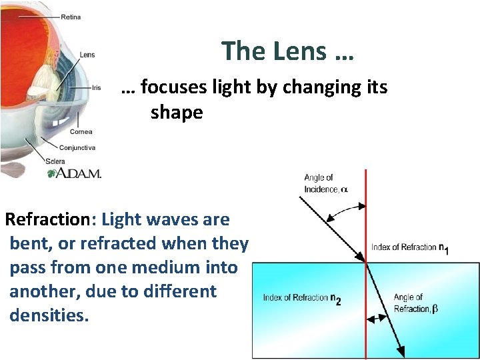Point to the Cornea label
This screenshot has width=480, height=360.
click(81, 132)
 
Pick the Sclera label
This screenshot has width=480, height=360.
click(55, 161)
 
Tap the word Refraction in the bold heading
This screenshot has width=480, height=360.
click(47, 220)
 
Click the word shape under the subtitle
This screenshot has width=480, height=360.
click(177, 112)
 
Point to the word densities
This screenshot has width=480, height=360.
click(49, 315)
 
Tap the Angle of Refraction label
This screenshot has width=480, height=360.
click(413, 303)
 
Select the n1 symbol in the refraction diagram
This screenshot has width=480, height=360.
click(443, 247)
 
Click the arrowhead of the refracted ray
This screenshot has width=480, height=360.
click(402, 351)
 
